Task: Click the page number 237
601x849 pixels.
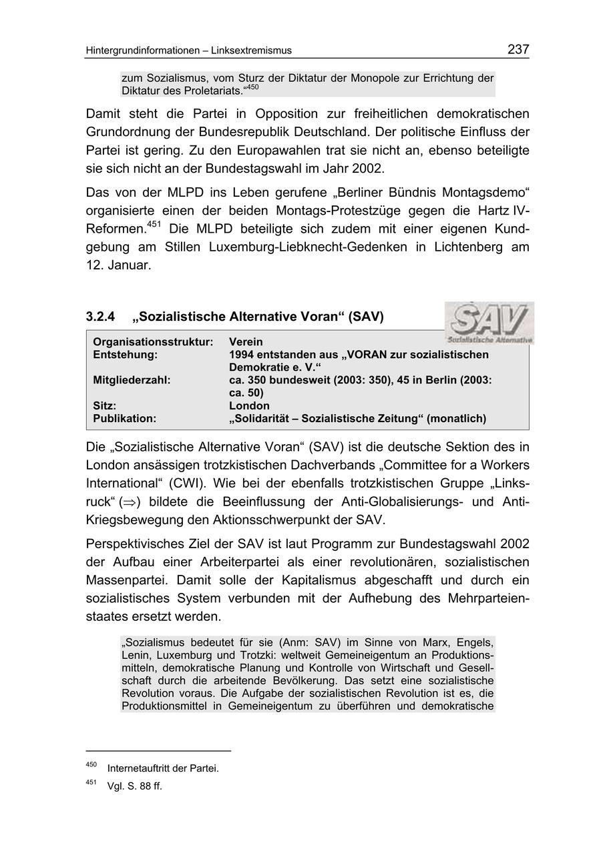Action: coord(518,49)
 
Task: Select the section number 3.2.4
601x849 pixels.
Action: coord(100,317)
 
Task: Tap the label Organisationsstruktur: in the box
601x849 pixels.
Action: coord(153,342)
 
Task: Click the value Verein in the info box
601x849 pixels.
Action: coord(246,342)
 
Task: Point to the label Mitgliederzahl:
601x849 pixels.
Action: coord(132,380)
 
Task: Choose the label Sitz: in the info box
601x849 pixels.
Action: coord(105,405)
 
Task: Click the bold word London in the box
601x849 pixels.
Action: coord(249,405)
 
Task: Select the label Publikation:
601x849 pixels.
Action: coord(124,418)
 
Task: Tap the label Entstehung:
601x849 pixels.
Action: coord(125,355)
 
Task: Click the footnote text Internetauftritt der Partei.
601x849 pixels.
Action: coord(163,768)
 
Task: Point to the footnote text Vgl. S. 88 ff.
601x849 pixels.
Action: coord(134,786)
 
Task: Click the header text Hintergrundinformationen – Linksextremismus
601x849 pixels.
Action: coord(189,51)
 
